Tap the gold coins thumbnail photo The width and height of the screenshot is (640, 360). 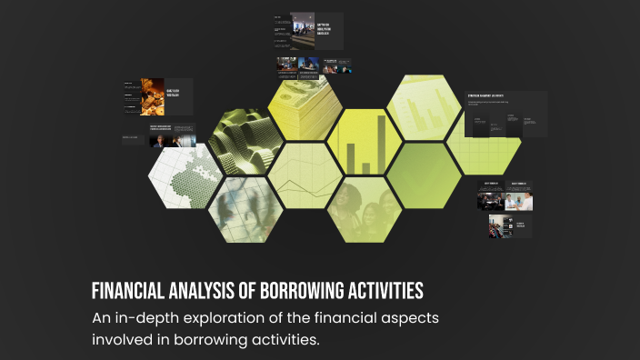click(152, 96)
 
